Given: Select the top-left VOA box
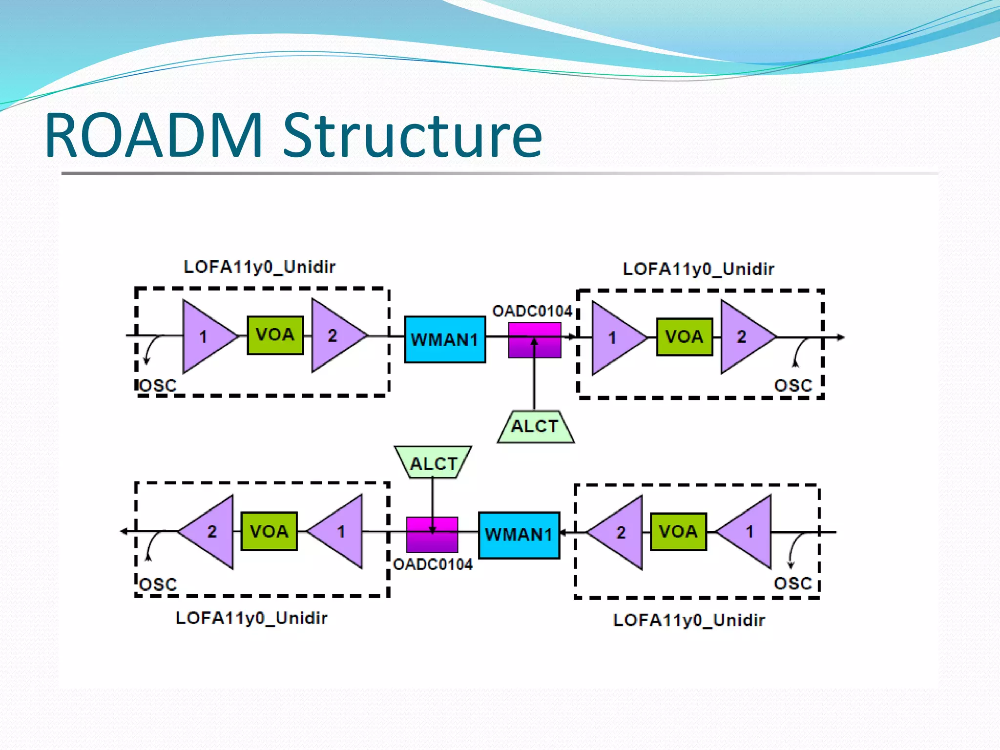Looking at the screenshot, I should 275,335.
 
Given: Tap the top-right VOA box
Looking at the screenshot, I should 684,337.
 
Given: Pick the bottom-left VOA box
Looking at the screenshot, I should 269,531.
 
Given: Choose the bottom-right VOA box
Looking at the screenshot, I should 678,532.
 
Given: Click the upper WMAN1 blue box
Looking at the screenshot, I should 445,339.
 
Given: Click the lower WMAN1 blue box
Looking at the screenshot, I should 519,535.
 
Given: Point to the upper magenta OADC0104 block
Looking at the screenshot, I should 534,340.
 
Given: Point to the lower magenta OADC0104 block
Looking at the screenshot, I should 432,535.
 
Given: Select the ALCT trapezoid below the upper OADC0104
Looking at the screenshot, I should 535,427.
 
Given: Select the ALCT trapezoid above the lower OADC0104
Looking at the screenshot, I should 433,462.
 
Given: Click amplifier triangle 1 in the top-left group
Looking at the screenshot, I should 205,336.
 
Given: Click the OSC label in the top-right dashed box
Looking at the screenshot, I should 793,386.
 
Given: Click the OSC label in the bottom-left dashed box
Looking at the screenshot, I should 158,584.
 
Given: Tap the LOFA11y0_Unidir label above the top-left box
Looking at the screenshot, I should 259,267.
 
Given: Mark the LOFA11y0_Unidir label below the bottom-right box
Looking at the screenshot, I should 689,620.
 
